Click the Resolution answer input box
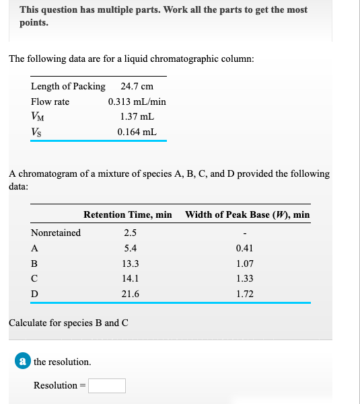106,386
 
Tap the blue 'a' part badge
23,362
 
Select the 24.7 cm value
137,86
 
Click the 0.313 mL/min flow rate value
137,102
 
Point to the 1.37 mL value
137,117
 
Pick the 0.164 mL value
137,132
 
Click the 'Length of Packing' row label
68,86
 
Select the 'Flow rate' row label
50,102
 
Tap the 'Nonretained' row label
56,233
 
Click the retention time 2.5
131,233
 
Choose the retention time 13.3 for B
131,264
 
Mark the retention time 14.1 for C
131,278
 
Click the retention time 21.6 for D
131,294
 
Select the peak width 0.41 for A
245,248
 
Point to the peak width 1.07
245,264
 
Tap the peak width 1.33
245,278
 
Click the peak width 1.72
245,294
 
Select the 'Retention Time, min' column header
128,214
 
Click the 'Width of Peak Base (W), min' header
247,214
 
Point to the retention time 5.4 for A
131,248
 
